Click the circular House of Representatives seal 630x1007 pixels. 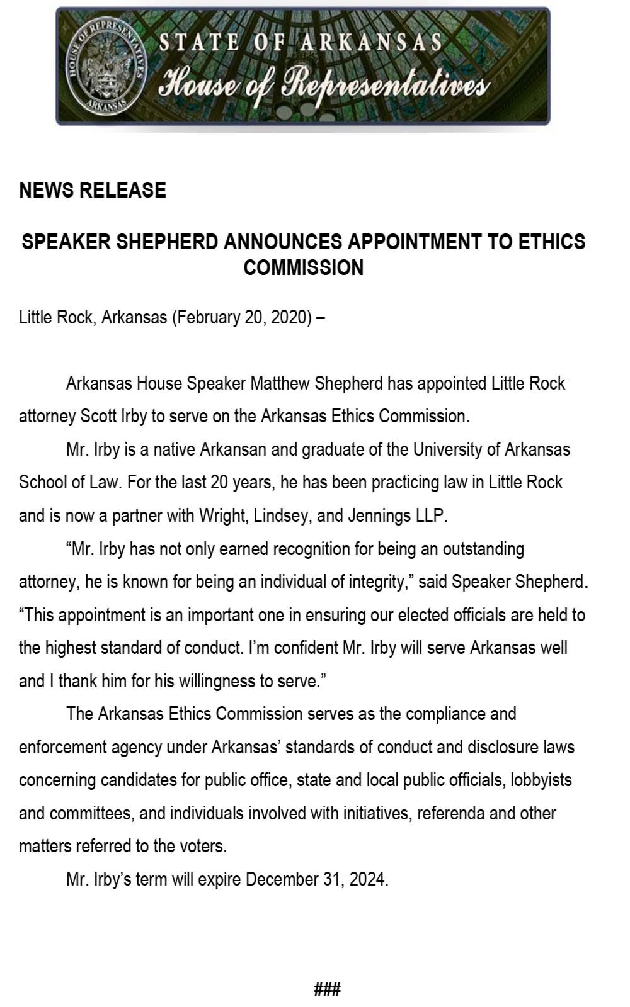tap(105, 65)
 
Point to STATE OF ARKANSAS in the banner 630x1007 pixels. tap(300, 43)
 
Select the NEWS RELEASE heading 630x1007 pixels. tap(93, 190)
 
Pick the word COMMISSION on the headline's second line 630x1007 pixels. tap(304, 267)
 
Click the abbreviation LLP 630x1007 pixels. tap(430, 515)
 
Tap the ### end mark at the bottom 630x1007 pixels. tap(327, 989)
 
